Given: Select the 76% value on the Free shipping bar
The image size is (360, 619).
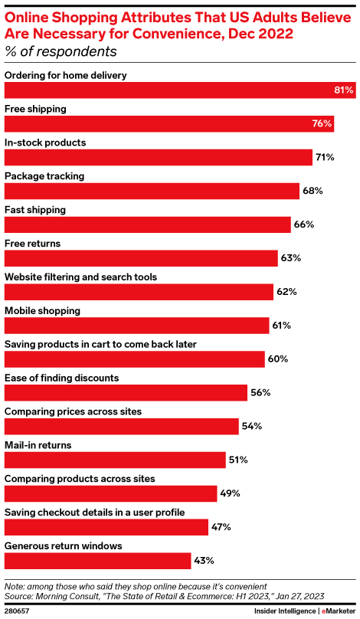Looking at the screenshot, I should coord(322,124).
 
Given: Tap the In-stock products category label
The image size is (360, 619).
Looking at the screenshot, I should coord(45,142).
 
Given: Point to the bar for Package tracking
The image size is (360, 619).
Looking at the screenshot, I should coord(152,191).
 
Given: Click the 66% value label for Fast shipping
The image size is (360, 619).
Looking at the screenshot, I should coord(303,224).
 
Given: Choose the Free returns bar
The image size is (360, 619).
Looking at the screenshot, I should coord(141,258).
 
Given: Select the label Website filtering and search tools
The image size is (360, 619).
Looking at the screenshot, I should coord(81,277).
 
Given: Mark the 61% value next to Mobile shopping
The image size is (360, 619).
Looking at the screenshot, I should coord(281,326).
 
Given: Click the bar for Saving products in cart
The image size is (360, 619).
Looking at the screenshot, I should coord(135,359).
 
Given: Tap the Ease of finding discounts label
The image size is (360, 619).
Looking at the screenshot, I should coord(62,378).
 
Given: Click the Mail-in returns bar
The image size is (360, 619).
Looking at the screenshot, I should coord(115,460).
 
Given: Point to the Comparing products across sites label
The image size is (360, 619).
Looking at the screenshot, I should coord(80,479).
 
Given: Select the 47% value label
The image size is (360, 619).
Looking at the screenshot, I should coord(221,527).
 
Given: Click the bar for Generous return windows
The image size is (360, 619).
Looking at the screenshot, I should coord(97,561).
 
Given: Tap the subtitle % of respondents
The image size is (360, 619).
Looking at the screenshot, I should coord(61,52).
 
